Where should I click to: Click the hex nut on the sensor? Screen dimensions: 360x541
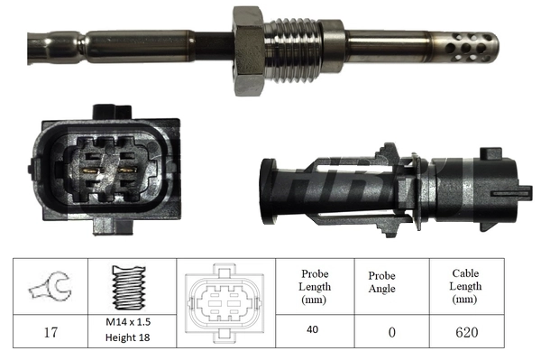249,51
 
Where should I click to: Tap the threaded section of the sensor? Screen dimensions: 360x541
294,50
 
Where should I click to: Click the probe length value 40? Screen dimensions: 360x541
312,330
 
